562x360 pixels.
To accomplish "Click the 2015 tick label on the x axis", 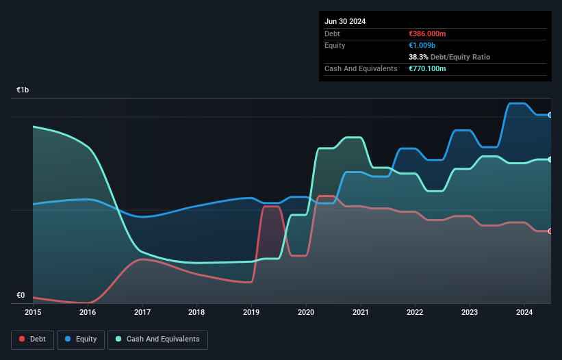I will point(33,313).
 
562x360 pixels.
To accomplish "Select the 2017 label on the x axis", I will point(142,313).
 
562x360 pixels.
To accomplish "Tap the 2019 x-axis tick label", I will point(251,313).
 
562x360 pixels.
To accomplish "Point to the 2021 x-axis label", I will point(360,313).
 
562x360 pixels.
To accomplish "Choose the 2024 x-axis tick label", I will point(524,313).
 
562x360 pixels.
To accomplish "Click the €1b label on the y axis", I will point(23,90).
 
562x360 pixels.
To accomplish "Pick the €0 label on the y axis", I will point(21,296).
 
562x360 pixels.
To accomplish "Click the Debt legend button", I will point(33,339).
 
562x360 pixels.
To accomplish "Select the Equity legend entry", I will point(81,339).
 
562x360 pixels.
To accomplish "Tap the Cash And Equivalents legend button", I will point(157,339).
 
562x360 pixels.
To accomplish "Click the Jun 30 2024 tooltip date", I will point(345,21).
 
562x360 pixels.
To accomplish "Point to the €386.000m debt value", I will point(427,34).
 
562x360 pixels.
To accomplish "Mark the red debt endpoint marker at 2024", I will point(550,231).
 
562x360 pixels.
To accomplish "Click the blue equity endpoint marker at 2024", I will point(550,115).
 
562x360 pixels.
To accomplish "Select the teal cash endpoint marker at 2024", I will point(550,159).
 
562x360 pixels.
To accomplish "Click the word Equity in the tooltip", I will point(335,45).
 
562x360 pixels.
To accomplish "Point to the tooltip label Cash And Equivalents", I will point(361,69).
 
